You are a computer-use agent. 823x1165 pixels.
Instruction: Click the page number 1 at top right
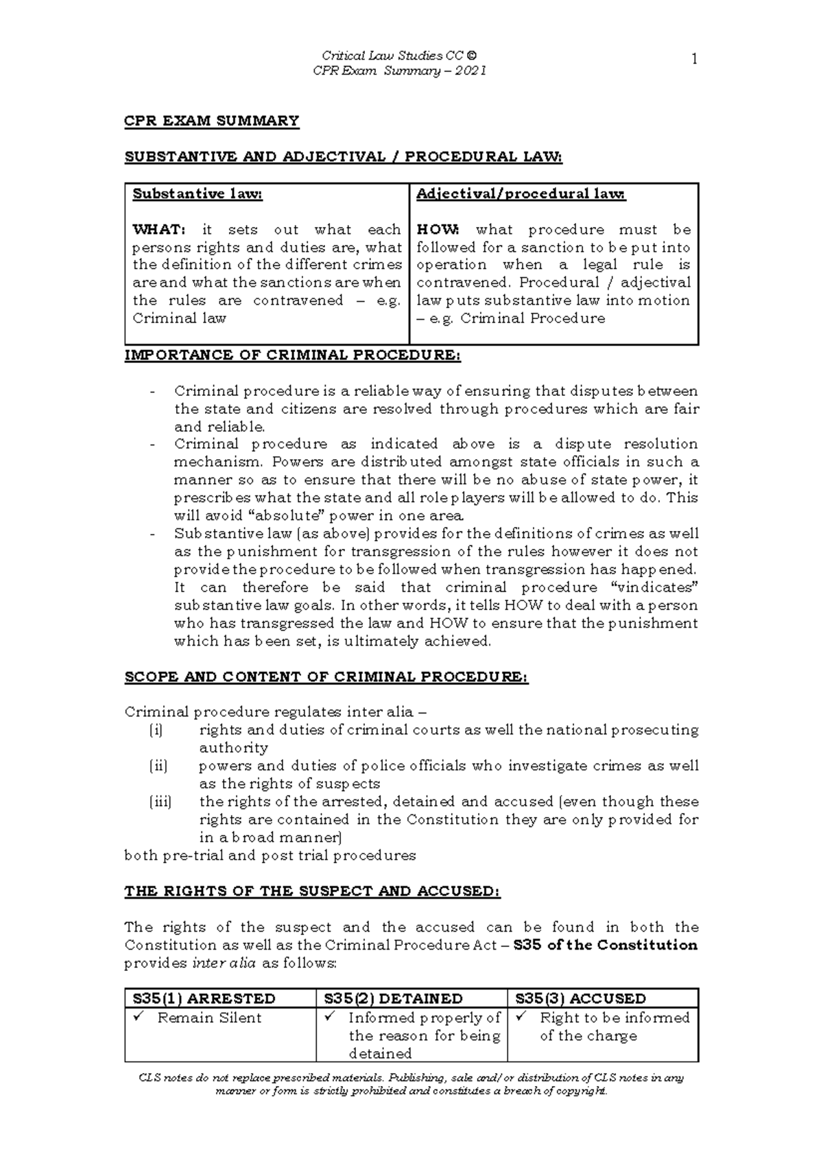pyautogui.click(x=694, y=60)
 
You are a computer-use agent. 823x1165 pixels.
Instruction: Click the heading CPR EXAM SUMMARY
pyautogui.click(x=211, y=121)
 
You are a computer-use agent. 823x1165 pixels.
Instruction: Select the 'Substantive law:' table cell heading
pyautogui.click(x=198, y=194)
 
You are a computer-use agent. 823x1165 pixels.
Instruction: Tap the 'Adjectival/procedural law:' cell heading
pyautogui.click(x=521, y=194)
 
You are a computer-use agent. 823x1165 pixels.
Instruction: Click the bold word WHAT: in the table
pyautogui.click(x=158, y=230)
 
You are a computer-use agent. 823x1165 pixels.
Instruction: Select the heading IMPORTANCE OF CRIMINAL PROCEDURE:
pyautogui.click(x=292, y=355)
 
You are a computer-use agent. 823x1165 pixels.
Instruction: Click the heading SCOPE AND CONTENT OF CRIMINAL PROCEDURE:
pyautogui.click(x=326, y=677)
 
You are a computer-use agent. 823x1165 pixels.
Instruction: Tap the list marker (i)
pyautogui.click(x=156, y=731)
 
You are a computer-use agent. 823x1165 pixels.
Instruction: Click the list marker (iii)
pyautogui.click(x=160, y=802)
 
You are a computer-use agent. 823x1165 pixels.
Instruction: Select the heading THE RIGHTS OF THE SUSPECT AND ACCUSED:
pyautogui.click(x=312, y=891)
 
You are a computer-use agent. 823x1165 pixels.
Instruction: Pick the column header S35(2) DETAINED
pyautogui.click(x=394, y=999)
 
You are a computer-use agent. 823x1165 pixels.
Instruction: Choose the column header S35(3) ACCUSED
pyautogui.click(x=580, y=999)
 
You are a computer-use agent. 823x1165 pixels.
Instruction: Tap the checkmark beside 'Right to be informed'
pyautogui.click(x=522, y=1017)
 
